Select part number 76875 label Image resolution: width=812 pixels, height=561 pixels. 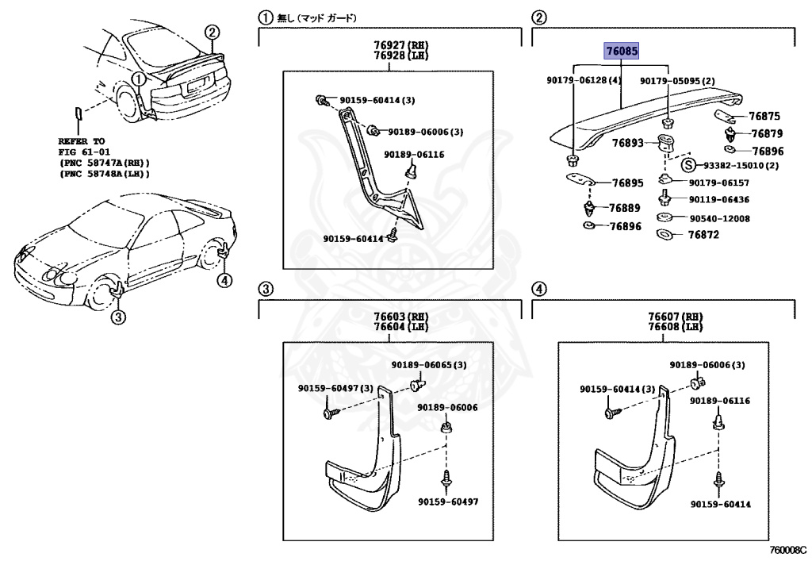tap(766, 116)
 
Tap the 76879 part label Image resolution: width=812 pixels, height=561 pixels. tap(766, 133)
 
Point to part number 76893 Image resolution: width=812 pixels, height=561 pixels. tap(627, 144)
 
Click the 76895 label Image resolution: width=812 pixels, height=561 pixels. tap(627, 183)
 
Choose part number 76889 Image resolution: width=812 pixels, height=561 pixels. tap(625, 208)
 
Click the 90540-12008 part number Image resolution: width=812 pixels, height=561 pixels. tap(719, 218)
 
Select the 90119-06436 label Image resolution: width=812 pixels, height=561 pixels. tap(719, 200)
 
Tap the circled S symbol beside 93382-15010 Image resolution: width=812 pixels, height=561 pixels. tap(689, 165)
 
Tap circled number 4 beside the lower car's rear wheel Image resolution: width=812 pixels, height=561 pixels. tap(225, 279)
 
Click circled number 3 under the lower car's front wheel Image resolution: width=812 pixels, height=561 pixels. tap(117, 318)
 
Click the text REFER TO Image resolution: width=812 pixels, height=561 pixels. tap(81, 140)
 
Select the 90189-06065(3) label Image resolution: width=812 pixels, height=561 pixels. tap(428, 365)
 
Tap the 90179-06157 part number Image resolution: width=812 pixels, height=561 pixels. tap(719, 183)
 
